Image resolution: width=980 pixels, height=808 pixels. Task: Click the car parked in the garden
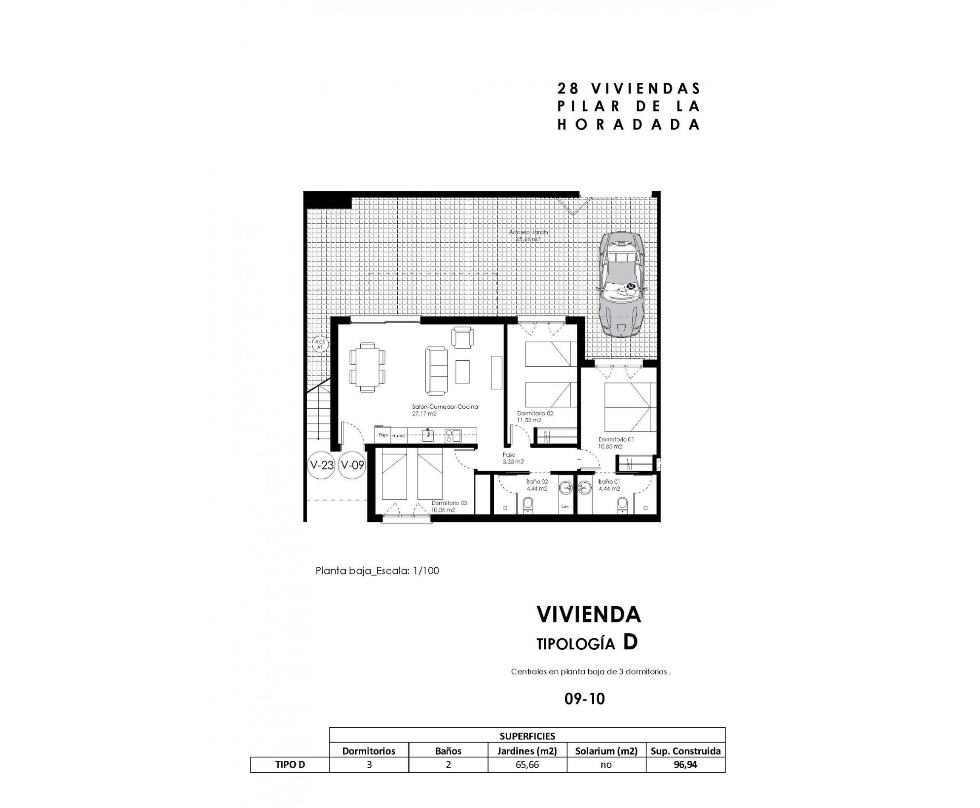pyautogui.click(x=622, y=285)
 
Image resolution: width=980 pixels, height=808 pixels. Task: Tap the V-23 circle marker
pyautogui.click(x=321, y=465)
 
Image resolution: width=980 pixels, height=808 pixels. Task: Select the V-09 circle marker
pyautogui.click(x=352, y=465)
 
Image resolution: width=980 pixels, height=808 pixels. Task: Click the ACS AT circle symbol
pyautogui.click(x=320, y=345)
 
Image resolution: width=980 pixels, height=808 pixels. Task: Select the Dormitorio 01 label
pyautogui.click(x=616, y=439)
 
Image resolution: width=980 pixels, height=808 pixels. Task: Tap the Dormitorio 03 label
pyautogui.click(x=449, y=503)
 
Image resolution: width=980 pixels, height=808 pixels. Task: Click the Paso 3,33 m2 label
pyautogui.click(x=513, y=458)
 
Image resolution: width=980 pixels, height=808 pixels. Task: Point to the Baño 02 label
pyautogui.click(x=537, y=482)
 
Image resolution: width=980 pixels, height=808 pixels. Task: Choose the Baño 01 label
pyautogui.click(x=609, y=482)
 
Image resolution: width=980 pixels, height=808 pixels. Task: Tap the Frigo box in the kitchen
pyautogui.click(x=383, y=435)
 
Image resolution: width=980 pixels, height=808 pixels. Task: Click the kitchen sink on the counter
pyautogui.click(x=427, y=435)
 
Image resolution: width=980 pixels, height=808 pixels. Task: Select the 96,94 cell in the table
pyautogui.click(x=685, y=765)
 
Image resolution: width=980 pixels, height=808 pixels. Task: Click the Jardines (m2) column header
pyautogui.click(x=527, y=751)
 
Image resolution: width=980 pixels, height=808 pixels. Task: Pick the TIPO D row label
pyautogui.click(x=290, y=765)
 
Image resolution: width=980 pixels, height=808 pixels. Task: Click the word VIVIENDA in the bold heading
pyautogui.click(x=588, y=615)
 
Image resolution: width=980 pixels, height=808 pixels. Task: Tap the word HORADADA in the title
pyautogui.click(x=629, y=125)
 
